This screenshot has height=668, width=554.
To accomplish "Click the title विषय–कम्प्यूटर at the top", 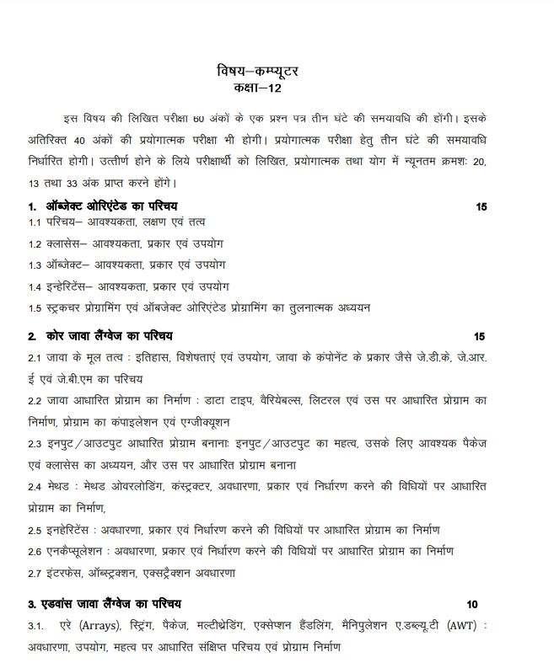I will pos(257,72).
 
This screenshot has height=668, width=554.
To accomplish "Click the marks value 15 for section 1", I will pos(481,206).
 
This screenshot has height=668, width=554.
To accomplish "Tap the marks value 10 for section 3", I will pos(471,604).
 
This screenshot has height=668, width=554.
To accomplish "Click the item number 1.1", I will pos(35,222).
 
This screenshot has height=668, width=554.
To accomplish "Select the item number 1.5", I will pos(35,307).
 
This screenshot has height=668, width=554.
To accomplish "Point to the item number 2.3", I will pos(35,443).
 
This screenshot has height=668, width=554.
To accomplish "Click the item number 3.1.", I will pos(35,628).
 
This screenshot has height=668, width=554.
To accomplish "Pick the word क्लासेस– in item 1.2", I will pos(67,244).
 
